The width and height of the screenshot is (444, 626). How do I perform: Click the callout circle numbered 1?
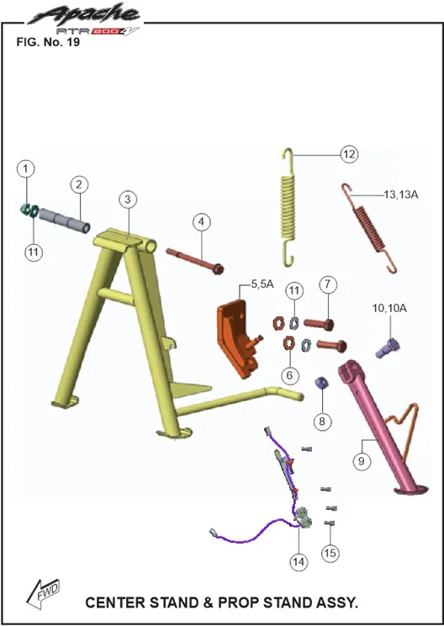pos(26,168)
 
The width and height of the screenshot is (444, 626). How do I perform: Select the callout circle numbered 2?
pos(79,184)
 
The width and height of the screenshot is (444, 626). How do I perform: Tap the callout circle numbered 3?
pos(128,199)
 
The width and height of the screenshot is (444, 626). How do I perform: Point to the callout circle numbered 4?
pos(202,221)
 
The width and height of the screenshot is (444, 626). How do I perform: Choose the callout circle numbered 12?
pos(349,154)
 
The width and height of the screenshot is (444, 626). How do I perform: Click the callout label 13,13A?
pos(401,195)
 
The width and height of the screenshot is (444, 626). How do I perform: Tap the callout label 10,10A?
pos(389,308)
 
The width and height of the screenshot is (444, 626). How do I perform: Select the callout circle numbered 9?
pos(362,461)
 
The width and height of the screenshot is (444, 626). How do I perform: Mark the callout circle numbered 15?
pos(330,553)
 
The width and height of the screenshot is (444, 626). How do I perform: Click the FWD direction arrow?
pos(43,593)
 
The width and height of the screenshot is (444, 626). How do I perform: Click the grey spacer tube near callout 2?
pos(64,220)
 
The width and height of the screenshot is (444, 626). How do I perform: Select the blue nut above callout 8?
pos(322,384)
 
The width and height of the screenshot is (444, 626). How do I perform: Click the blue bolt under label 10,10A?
pos(388,348)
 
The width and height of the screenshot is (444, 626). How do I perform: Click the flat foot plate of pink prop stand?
pos(411,489)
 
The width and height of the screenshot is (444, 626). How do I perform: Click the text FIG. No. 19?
pos(48,42)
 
